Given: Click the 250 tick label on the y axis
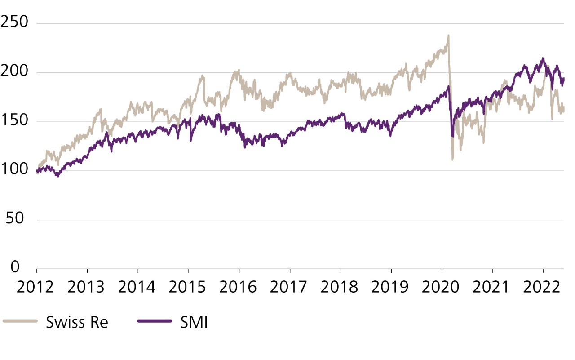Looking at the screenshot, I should tap(15, 22).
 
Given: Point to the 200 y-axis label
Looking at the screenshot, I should tap(15, 71).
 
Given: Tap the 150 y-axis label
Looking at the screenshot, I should tap(15, 121).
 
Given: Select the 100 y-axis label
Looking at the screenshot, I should tap(15, 170).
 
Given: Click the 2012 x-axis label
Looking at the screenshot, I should tap(36, 286).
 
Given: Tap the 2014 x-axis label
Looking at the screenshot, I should tap(138, 286).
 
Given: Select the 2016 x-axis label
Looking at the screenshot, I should tap(239, 286).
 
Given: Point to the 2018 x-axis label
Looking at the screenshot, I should tap(341, 286).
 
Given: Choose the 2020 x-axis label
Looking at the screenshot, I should tap(442, 286).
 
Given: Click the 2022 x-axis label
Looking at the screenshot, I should tap(544, 286).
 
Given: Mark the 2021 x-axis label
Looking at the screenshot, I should tap(493, 286).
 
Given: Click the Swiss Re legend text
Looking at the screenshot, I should tap(77, 322).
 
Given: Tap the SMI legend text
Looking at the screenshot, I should tap(194, 322).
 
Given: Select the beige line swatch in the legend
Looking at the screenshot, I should tap(20, 321).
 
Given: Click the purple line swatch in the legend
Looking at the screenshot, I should tap(155, 321).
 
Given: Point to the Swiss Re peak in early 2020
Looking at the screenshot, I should tap(448, 36).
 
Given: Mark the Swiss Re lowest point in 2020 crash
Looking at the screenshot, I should tap(452, 160).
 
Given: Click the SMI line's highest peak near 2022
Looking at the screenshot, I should tap(543, 58).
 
